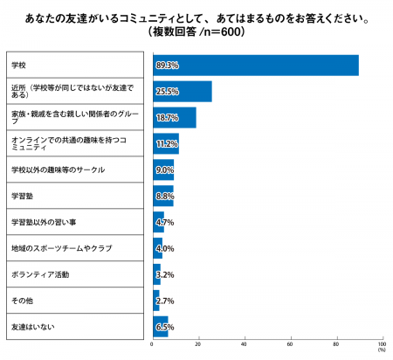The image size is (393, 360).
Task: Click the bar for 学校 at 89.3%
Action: [255, 66]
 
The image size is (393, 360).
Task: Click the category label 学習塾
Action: [21, 196]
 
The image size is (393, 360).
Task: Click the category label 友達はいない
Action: [30, 326]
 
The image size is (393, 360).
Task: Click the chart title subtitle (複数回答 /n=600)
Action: [196, 32]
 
